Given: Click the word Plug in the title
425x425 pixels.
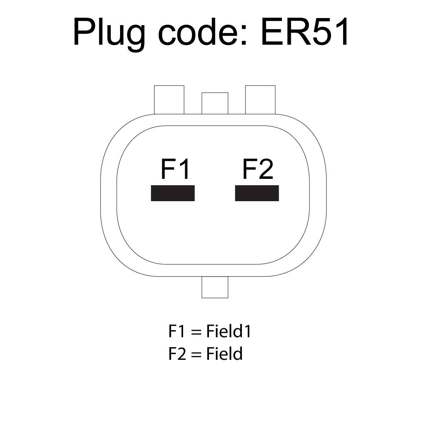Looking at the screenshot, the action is pos(109,34).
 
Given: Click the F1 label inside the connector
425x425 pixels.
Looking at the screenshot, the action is pos(175,169).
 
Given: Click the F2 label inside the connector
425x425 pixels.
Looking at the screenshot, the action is pos(257,169).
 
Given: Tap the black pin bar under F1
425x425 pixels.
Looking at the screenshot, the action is pos(173,193).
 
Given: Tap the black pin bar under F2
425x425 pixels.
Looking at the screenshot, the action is pos(257,193).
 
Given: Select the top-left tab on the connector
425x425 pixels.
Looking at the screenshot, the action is pos(169,100).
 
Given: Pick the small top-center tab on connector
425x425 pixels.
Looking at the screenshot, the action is pos(215,103).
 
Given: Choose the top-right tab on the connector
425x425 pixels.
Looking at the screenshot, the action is pos(260,100).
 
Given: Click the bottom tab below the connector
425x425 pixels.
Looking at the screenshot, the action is pos(215,287).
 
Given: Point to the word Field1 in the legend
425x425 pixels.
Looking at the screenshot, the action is pos(228,331).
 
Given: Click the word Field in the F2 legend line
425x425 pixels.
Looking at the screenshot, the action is pos(224,354).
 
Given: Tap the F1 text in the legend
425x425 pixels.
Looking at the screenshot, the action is pos(176,331).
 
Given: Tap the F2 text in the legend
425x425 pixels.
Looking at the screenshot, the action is pos(177,354).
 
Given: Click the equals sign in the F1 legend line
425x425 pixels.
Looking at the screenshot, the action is pos(197,332).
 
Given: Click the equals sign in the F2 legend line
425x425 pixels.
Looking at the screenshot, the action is pos(197,355).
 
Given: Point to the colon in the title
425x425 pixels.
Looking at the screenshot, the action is pos(244,35).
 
